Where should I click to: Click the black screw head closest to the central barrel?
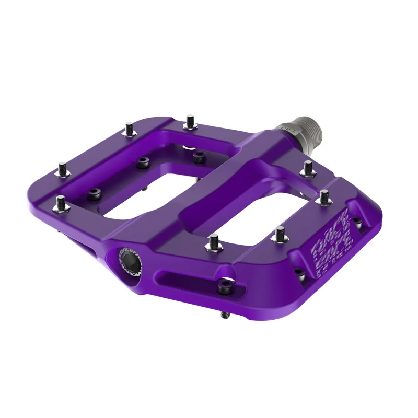point(199,155)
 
